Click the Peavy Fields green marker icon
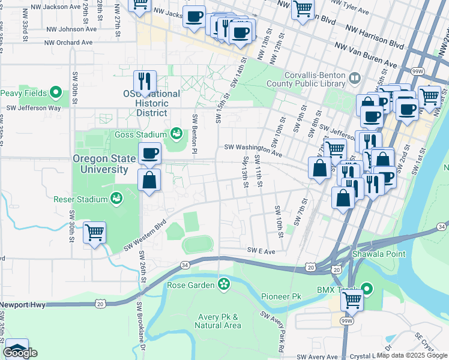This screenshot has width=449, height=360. [56, 93]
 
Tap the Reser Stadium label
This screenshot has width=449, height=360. [80, 199]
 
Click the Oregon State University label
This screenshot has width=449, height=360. [101, 164]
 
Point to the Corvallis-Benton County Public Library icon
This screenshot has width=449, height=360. [355, 77]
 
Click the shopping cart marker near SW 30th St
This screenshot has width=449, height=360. [94, 232]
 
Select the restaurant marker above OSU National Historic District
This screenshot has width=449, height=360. [145, 81]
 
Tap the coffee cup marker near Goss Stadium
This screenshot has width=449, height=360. [149, 153]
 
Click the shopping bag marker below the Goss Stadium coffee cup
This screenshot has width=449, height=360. [149, 179]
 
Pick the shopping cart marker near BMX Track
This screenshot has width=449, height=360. [352, 298]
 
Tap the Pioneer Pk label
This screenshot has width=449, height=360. [281, 296]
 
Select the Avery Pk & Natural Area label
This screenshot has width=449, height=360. [218, 321]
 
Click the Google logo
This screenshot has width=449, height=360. [20, 353]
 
